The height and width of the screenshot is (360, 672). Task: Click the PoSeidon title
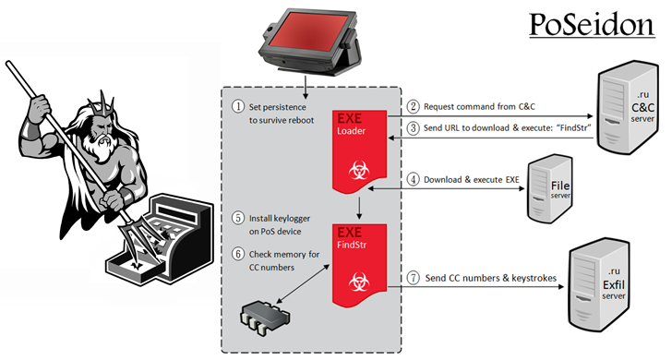click(592, 26)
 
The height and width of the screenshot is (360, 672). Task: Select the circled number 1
click(238, 106)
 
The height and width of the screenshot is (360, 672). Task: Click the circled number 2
click(413, 106)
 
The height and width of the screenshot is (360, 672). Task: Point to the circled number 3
click(413, 127)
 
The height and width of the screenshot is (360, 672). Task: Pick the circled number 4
click(413, 179)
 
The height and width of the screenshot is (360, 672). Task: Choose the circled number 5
click(238, 218)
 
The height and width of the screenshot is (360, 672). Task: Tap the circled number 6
click(238, 254)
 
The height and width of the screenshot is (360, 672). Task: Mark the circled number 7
click(413, 278)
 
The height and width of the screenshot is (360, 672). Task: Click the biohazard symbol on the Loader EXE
click(359, 171)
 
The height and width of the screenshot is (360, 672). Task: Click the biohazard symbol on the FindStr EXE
click(359, 282)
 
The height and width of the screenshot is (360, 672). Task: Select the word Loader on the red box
click(351, 131)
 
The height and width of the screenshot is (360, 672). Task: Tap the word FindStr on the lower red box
click(352, 246)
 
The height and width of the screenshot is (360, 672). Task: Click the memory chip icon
click(264, 318)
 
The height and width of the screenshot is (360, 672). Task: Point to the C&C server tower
click(628, 107)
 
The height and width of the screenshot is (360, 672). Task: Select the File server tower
click(549, 188)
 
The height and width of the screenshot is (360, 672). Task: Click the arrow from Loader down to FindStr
click(360, 208)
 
